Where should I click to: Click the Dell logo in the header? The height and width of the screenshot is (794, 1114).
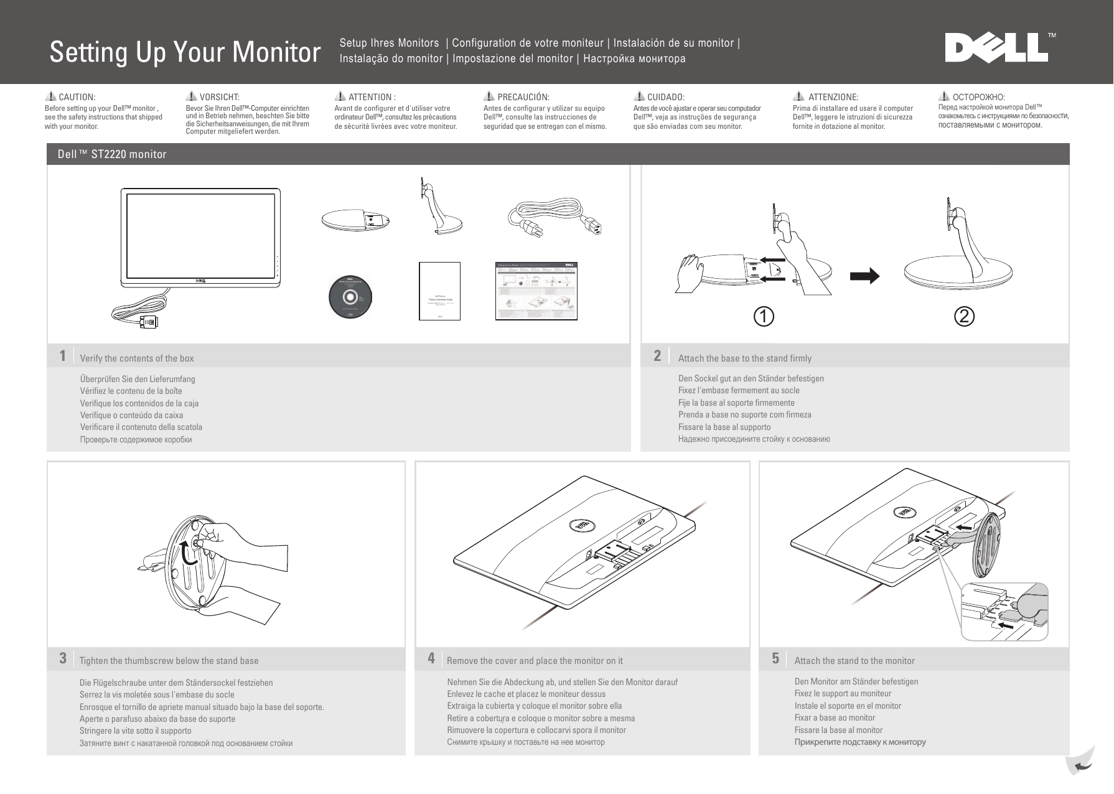pyautogui.click(x=996, y=48)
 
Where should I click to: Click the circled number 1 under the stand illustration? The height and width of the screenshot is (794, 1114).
pyautogui.click(x=764, y=316)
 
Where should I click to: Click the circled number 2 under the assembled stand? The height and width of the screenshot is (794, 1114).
pyautogui.click(x=963, y=316)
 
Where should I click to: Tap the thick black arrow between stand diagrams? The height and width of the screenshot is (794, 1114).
pyautogui.click(x=865, y=276)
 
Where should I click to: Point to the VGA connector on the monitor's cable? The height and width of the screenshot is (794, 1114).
pyautogui.click(x=149, y=322)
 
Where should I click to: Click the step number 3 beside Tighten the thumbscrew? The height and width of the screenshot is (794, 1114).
pyautogui.click(x=63, y=658)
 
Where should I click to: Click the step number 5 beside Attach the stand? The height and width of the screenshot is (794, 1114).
pyautogui.click(x=775, y=658)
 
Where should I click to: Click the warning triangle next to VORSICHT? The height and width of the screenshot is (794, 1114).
pyautogui.click(x=192, y=96)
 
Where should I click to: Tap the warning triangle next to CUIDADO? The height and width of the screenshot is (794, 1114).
pyautogui.click(x=639, y=96)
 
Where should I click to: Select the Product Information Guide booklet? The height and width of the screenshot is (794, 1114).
pyautogui.click(x=439, y=291)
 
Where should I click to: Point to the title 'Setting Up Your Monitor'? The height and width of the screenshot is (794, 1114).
pyautogui.click(x=185, y=52)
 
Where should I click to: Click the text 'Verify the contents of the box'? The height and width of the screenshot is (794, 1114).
pyautogui.click(x=137, y=358)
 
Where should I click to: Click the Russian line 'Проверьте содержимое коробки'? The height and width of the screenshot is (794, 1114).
pyautogui.click(x=136, y=439)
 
